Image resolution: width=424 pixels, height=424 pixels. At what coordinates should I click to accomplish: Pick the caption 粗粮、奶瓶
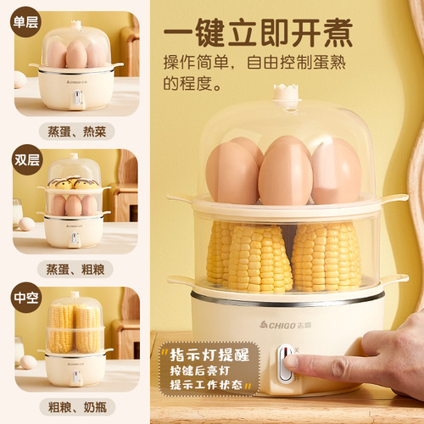pyautogui.click(x=76, y=406)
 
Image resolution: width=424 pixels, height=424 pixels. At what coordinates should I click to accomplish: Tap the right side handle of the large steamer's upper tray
pyautogui.click(x=391, y=199)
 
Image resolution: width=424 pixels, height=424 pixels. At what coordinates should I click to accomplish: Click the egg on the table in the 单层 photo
pyautogui.click(x=20, y=80)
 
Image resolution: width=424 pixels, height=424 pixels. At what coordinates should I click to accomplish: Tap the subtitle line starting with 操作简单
pyautogui.click(x=271, y=64)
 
